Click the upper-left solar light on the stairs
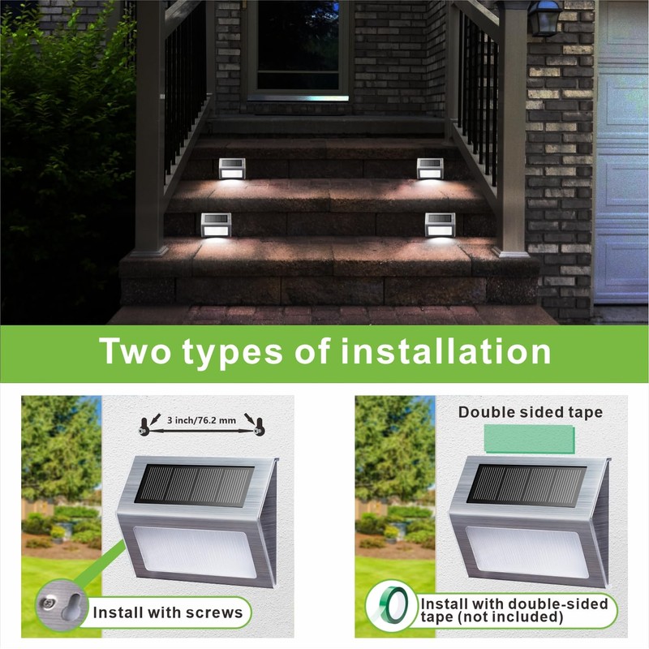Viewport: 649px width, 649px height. coord(231,168)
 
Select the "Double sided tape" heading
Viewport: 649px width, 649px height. coord(530,412)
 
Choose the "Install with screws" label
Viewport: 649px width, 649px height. coord(167,612)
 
